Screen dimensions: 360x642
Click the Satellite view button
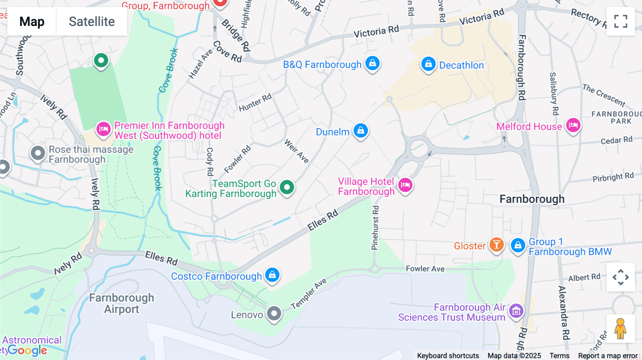92,22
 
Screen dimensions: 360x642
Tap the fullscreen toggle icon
621,21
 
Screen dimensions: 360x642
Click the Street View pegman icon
621,329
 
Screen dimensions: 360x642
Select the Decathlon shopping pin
428,64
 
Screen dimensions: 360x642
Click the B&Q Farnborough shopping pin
372,63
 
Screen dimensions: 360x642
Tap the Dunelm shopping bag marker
361,130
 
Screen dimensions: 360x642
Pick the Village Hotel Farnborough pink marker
405,185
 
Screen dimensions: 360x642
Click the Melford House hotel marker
573,125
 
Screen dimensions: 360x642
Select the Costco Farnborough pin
272,275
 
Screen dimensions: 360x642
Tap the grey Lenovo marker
274,314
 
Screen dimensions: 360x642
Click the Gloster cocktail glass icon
496,245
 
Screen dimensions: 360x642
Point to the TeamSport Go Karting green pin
287,187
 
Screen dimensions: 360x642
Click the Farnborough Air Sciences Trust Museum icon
516,311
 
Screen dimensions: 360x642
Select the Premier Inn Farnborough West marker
103,129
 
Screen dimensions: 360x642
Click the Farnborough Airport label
122,303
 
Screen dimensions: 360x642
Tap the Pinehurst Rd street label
375,228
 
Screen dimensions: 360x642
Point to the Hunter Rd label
255,103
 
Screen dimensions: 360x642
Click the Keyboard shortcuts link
448,355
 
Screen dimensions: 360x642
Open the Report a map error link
607,355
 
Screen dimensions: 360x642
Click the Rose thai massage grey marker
38,153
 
